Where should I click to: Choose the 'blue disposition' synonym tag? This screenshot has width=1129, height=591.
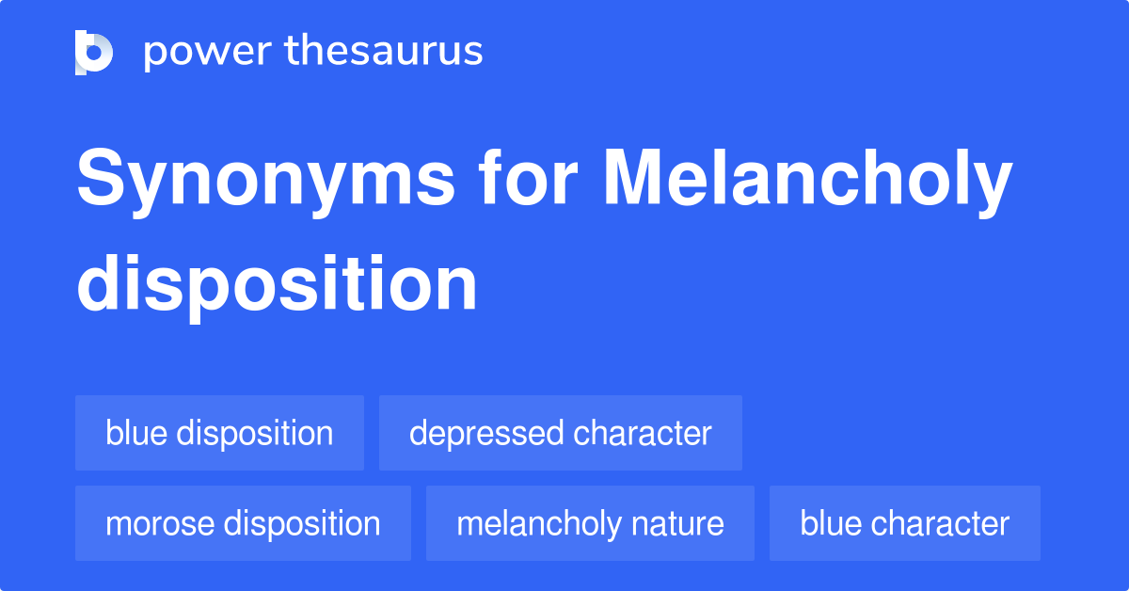[x=219, y=433]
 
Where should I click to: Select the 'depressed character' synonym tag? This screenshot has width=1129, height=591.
[x=560, y=433]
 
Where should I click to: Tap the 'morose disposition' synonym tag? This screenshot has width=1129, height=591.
[x=243, y=523]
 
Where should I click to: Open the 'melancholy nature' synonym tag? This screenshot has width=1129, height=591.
[x=590, y=523]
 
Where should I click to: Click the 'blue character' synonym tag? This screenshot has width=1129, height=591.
[x=904, y=523]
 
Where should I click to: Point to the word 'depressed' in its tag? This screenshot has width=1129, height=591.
[x=486, y=433]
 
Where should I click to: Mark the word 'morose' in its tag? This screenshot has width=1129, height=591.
[x=159, y=523]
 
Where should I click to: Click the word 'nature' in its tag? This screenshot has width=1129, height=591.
[x=680, y=523]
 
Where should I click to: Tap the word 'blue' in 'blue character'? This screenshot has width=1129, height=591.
[x=831, y=523]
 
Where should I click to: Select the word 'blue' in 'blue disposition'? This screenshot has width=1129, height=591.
[x=136, y=433]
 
